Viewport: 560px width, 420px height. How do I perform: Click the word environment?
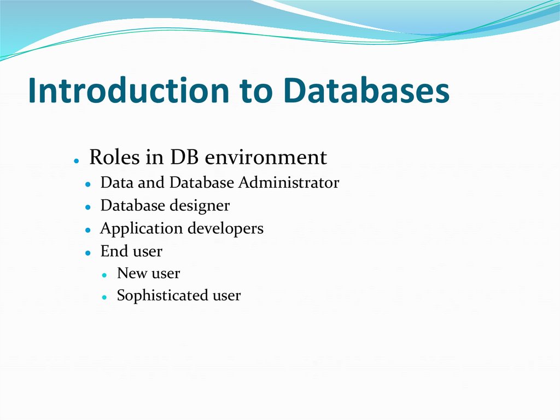265,158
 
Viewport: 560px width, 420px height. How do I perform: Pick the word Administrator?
289,182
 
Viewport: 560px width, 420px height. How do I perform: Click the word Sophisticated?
155,296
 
